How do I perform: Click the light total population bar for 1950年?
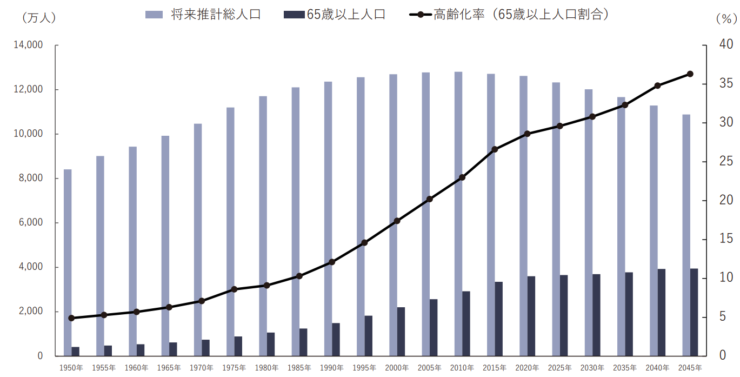pos(68,262)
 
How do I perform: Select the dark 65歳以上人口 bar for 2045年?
pos(694,312)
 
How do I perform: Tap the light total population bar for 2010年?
pos(458,214)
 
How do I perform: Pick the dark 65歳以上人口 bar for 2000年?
pos(401,332)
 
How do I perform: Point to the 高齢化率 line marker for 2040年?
pos(657,85)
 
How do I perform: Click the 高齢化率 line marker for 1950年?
pos(71,318)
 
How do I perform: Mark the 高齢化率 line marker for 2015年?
pos(495,149)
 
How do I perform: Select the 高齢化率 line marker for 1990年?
pos(332,262)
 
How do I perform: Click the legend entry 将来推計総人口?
pos(203,15)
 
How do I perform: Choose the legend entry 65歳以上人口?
pos(335,15)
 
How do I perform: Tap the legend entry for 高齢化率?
pos(510,15)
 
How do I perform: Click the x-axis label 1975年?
pos(234,368)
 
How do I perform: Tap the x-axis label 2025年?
pos(559,368)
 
